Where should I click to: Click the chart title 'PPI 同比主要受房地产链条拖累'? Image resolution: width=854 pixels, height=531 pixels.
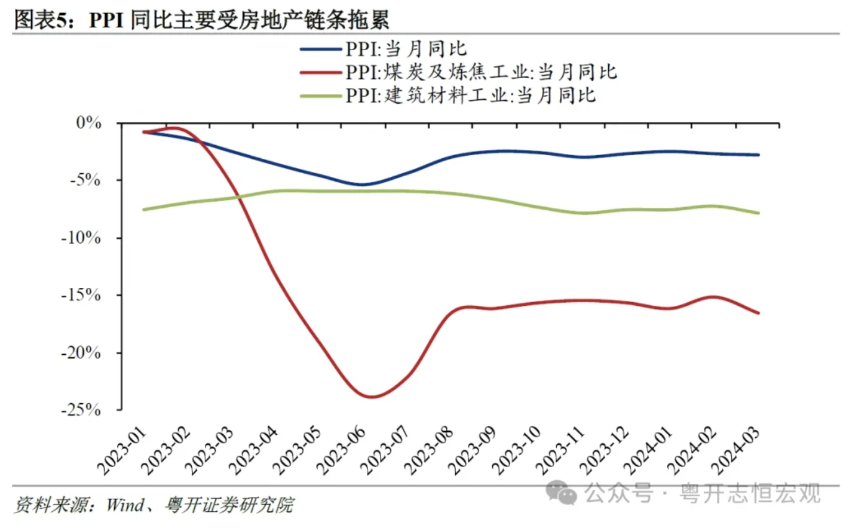coord(239,19)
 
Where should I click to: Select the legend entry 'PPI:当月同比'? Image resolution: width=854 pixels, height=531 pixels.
coord(383,49)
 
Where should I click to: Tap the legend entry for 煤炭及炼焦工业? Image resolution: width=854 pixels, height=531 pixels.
coord(458,72)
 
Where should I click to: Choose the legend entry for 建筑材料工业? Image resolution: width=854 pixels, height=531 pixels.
coord(447,96)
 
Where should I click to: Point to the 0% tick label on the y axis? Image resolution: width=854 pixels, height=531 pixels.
coord(89,123)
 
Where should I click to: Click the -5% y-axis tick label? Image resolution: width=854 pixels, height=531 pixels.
coord(86,180)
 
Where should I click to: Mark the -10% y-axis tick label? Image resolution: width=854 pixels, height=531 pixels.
coord(81,238)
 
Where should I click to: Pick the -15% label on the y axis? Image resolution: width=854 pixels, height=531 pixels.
coord(81,295)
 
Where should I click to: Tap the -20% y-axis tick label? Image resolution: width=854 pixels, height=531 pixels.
coord(81,353)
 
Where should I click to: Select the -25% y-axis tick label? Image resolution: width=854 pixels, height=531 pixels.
coord(81,410)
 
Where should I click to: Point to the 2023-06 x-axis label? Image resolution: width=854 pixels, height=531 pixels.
coord(341,451)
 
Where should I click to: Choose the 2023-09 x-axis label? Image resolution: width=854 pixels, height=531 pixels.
coord(473,451)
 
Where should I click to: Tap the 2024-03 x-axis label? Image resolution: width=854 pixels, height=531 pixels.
coord(736,451)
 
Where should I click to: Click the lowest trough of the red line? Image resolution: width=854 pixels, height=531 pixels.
coord(372,397)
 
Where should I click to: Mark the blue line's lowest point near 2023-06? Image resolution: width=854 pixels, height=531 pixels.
coord(361,185)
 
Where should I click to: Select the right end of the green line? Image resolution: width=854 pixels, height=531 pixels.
coord(758,213)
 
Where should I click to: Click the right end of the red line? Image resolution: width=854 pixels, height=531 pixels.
coord(758,313)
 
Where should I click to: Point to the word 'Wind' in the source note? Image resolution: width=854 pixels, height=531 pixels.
coord(125,505)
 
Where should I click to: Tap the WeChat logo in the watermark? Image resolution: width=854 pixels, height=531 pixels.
coord(561,493)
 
